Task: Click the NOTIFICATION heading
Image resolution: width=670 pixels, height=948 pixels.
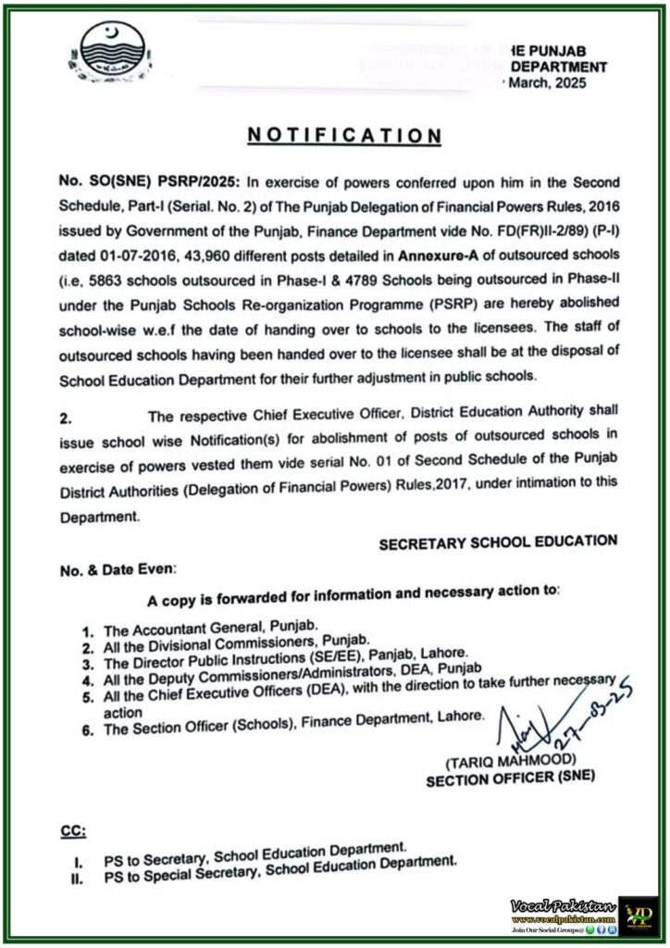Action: [344, 135]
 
